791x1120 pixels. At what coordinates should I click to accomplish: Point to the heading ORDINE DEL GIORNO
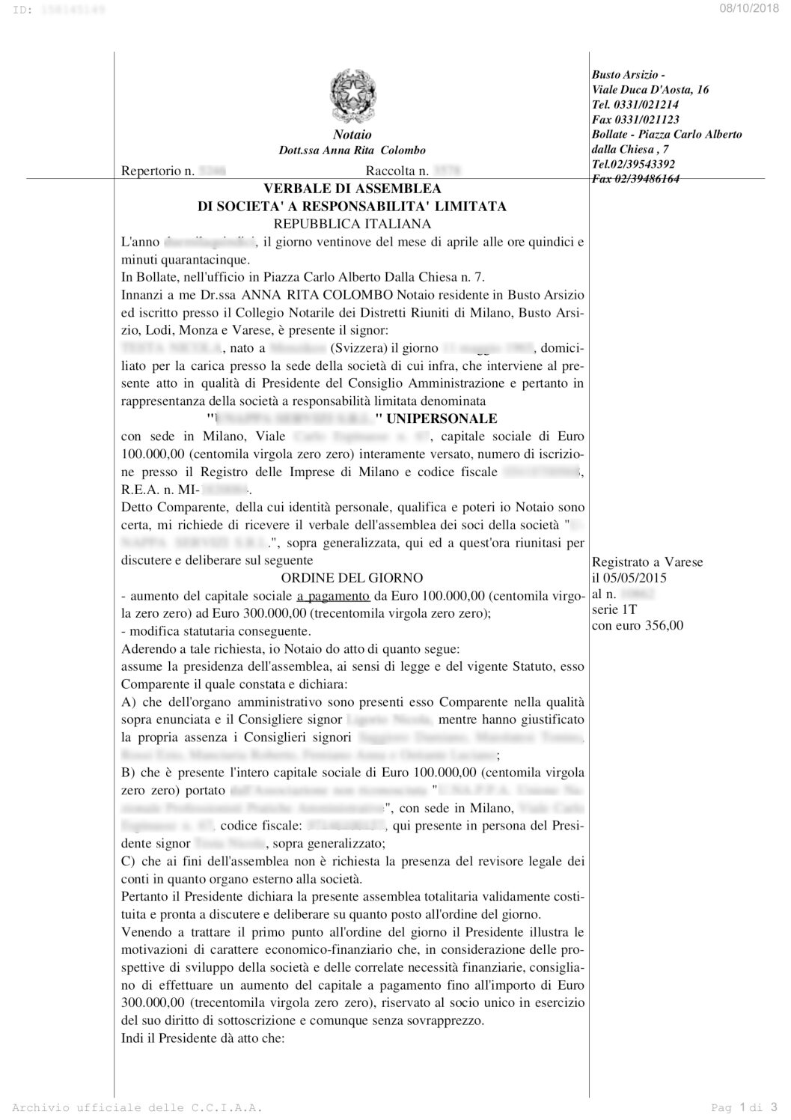coord(352,577)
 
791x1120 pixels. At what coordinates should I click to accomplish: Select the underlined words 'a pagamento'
coord(333,596)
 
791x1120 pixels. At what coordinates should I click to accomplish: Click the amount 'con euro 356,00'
coord(637,626)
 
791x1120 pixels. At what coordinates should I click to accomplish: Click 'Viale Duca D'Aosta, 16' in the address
coord(650,90)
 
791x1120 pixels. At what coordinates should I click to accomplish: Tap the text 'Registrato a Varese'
coord(647,561)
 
